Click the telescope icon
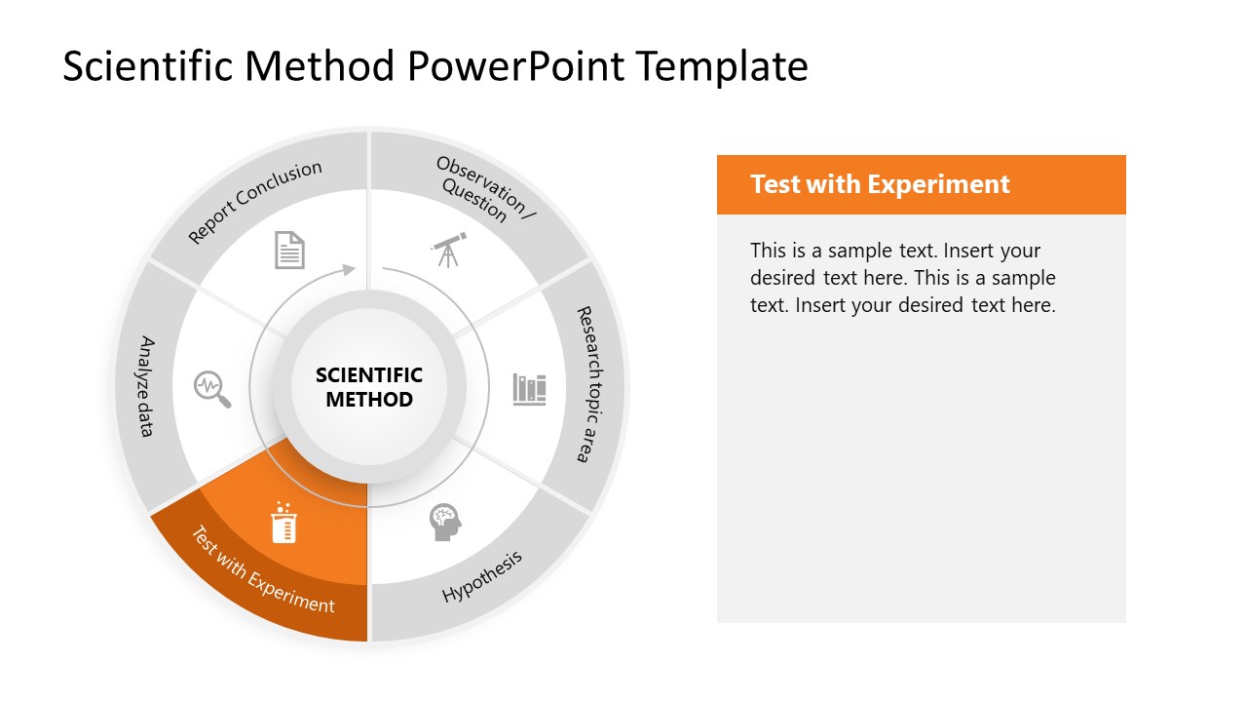[x=448, y=250]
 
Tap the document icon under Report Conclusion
[x=289, y=250]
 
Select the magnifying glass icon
[x=211, y=388]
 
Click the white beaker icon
[x=283, y=524]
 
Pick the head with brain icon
[x=445, y=523]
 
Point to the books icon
[x=529, y=389]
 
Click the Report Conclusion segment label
[x=255, y=202]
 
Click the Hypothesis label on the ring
[x=482, y=576]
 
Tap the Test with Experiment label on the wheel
[x=262, y=570]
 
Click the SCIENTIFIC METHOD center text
[x=369, y=387]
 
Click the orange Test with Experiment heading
[x=880, y=184]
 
